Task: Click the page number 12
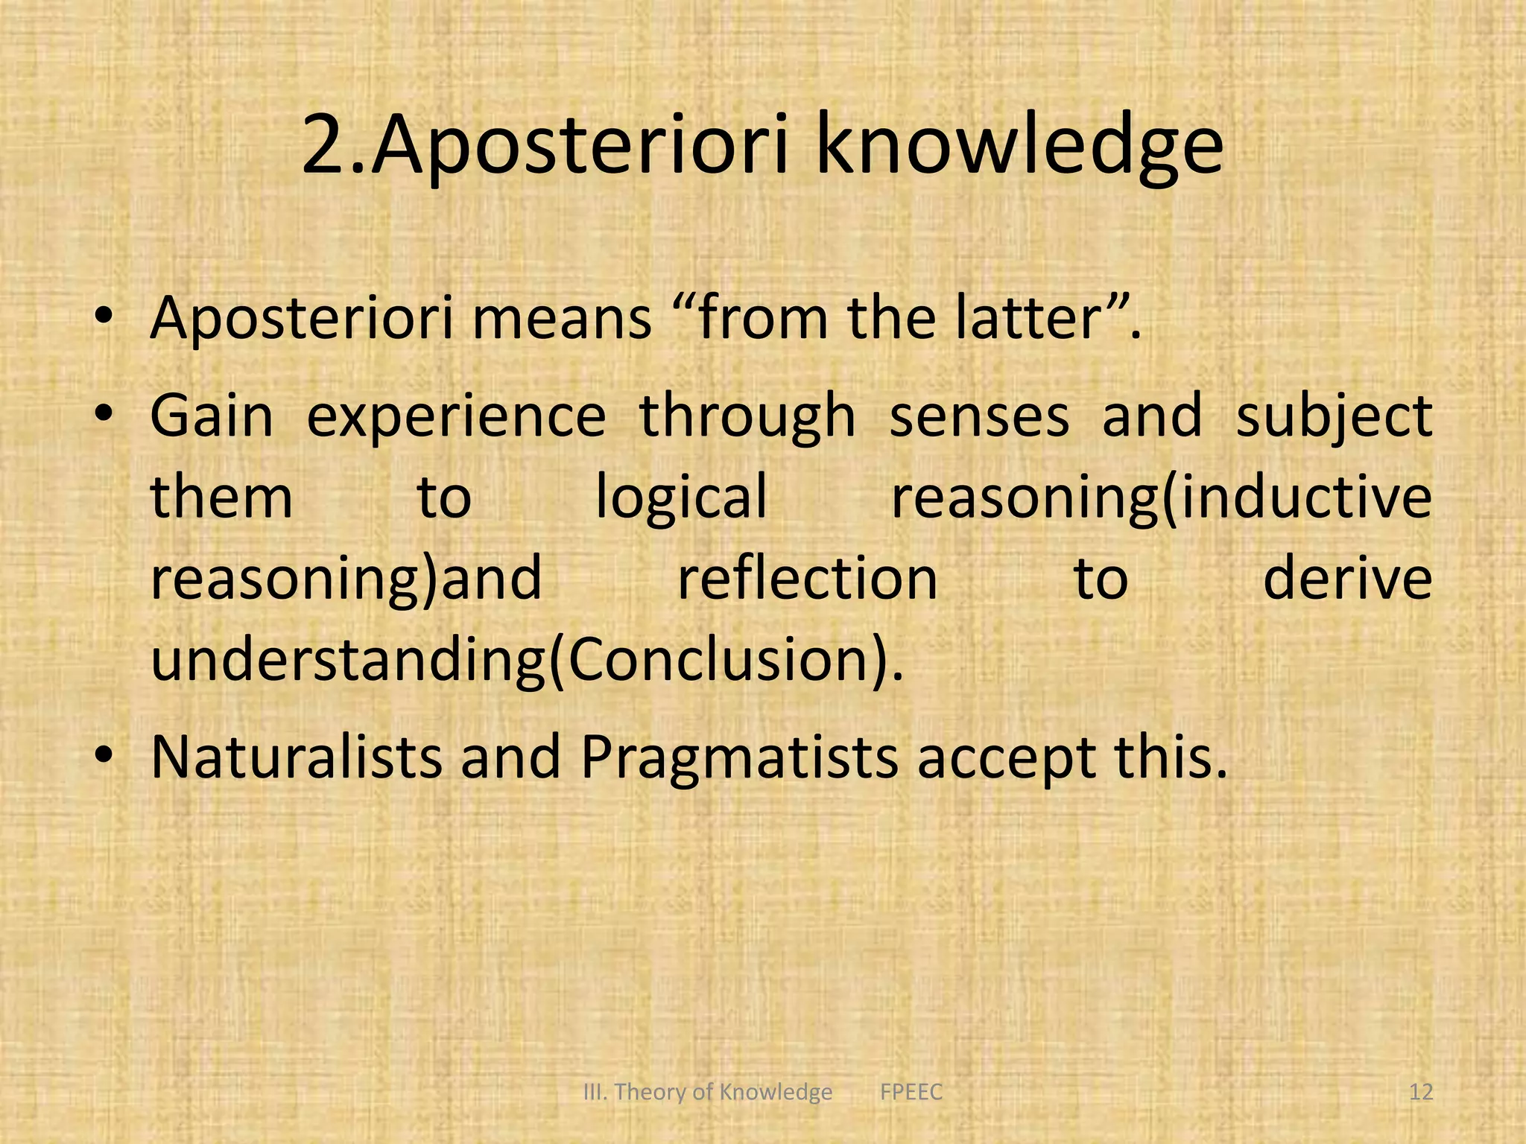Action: [x=1421, y=1092]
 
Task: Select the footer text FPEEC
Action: [x=911, y=1092]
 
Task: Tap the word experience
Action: [x=456, y=417]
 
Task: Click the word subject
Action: [x=1334, y=417]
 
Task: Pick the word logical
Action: [x=681, y=498]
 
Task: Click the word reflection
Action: [x=807, y=579]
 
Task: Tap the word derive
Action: [x=1347, y=579]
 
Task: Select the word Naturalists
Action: [x=297, y=757]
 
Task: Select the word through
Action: [x=747, y=417]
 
